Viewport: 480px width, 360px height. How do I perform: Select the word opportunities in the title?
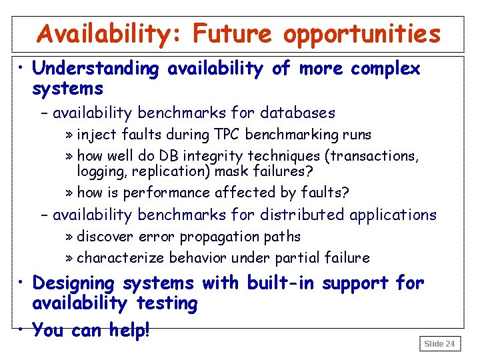tap(363, 33)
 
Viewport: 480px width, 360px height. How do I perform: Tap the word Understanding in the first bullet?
tap(96, 68)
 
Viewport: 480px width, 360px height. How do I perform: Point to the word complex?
tap(385, 68)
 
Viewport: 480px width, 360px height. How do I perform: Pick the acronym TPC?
tap(227, 134)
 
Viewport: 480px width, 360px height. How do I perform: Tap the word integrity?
tap(212, 156)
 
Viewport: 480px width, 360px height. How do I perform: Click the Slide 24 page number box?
tap(439, 343)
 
